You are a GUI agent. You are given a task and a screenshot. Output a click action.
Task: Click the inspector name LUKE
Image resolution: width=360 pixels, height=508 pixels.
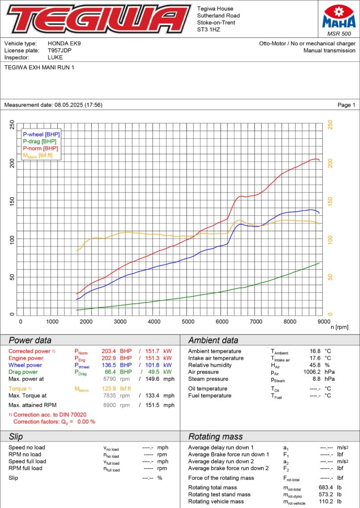55,58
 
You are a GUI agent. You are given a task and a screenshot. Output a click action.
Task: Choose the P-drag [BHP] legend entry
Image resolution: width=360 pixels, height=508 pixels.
40,141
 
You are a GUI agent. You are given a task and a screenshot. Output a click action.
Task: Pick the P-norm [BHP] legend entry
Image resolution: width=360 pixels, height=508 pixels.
40,148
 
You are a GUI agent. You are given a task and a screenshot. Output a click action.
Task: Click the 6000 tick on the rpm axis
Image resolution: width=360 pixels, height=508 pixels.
222,321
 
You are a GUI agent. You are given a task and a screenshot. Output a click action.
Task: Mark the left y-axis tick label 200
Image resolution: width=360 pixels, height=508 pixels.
12,163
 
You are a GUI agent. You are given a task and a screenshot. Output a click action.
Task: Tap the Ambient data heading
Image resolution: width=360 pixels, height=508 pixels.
213,340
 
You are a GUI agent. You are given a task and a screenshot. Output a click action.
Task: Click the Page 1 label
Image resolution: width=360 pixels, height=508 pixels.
346,105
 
